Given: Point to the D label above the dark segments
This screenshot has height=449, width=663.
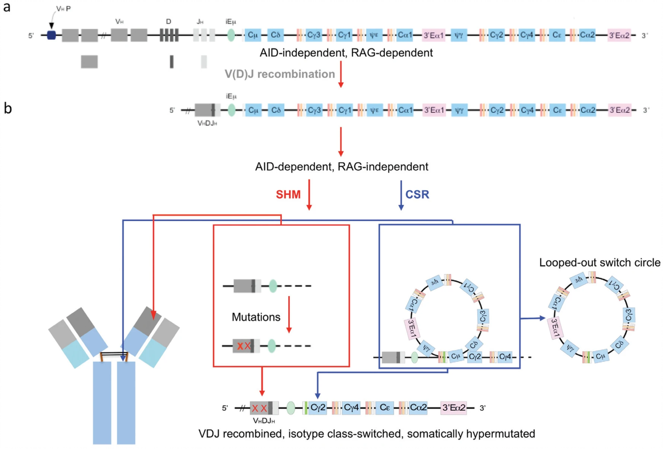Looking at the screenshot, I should pyautogui.click(x=169, y=21).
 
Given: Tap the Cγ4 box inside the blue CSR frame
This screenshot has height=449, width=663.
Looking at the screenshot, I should pyautogui.click(x=505, y=356).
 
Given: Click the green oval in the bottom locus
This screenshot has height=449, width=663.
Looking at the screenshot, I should pyautogui.click(x=290, y=408).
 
